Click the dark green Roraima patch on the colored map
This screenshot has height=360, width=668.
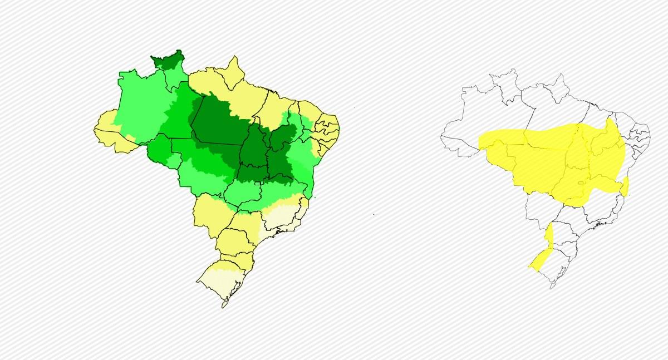pyautogui.click(x=167, y=60)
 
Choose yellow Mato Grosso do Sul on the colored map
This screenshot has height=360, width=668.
pyautogui.click(x=210, y=214)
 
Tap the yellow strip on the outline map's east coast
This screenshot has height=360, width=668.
pyautogui.click(x=625, y=186)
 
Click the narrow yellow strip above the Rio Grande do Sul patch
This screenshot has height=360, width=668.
pyautogui.click(x=549, y=234)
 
